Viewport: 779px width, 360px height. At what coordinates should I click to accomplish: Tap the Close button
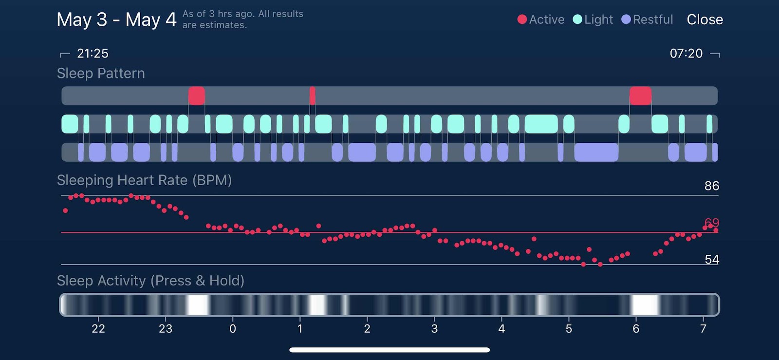(x=705, y=19)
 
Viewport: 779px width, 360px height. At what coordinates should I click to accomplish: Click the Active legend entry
(x=541, y=19)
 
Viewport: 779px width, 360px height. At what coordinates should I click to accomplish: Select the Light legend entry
(x=593, y=19)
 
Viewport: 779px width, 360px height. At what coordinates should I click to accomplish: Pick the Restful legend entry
(x=648, y=19)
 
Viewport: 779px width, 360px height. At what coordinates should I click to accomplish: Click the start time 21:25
(x=93, y=53)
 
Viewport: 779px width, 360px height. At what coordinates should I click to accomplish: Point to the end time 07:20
(x=686, y=53)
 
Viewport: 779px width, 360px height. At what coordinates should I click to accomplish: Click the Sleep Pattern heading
(x=101, y=74)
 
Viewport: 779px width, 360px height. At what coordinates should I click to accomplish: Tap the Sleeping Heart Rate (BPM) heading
(x=144, y=180)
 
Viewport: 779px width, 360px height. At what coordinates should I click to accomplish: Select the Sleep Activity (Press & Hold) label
(x=150, y=281)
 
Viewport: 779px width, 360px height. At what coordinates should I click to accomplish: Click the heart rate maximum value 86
(x=711, y=186)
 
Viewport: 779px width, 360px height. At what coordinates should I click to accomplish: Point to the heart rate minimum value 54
(x=711, y=259)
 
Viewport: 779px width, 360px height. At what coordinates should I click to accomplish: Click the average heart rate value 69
(x=711, y=223)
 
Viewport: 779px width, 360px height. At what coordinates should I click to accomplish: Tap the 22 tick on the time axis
(x=98, y=329)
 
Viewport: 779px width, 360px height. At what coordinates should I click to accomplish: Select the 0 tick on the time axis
(x=233, y=329)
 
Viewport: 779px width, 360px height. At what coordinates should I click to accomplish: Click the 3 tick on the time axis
(x=434, y=329)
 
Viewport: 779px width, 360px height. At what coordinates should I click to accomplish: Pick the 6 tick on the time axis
(x=636, y=329)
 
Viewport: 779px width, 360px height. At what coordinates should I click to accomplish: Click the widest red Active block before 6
(x=640, y=96)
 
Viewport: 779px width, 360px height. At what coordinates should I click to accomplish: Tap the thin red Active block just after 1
(x=312, y=96)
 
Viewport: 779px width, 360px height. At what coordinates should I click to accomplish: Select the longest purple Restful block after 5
(x=596, y=152)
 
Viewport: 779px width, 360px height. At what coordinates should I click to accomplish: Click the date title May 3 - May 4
(x=116, y=20)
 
